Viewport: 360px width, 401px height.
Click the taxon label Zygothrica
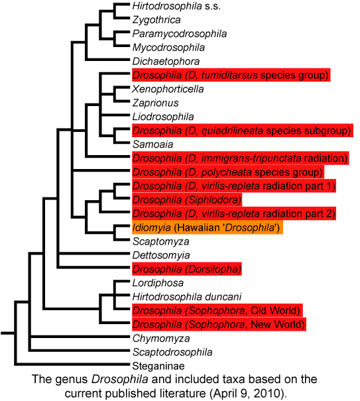[x=156, y=20]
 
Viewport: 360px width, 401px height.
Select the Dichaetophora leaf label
[x=166, y=62]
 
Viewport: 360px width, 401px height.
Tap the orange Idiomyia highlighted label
[x=208, y=227]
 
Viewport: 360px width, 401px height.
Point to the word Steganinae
[x=158, y=366]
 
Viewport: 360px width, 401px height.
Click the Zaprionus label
[x=155, y=103]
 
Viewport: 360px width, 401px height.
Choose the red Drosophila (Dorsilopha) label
[x=187, y=269]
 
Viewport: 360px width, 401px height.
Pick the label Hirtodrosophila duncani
[x=187, y=297]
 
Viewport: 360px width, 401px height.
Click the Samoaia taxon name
[x=152, y=144]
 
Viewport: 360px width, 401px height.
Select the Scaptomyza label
[x=160, y=241]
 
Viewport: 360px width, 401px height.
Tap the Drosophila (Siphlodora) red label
[x=187, y=200]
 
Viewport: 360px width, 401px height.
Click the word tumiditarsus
[x=229, y=75]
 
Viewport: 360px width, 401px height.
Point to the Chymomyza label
[x=161, y=338]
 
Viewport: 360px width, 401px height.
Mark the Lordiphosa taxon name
[x=158, y=283]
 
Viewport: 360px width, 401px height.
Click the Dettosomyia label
[x=161, y=255]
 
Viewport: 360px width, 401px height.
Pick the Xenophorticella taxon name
[x=168, y=89]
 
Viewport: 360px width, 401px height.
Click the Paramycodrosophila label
[x=180, y=34]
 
